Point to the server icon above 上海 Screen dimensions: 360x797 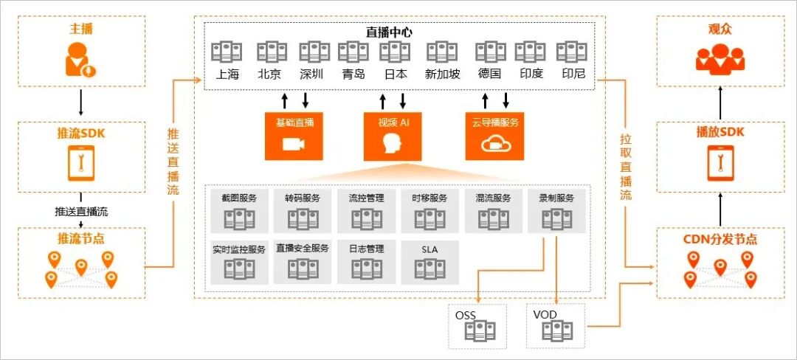tap(226, 52)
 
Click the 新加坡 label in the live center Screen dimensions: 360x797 tap(443, 74)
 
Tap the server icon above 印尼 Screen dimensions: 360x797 tap(572, 52)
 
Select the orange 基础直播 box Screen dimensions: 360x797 tap(294, 136)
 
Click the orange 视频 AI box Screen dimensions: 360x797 tap(393, 136)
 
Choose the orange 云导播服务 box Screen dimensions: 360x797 tap(494, 136)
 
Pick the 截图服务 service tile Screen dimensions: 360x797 tap(239, 211)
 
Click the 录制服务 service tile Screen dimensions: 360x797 tap(556, 211)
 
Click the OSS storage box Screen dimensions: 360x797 tap(477, 325)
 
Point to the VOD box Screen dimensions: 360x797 tap(555, 325)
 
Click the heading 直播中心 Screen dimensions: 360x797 tap(390, 32)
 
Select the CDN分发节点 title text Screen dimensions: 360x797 tap(720, 240)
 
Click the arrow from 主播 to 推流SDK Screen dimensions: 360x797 tap(80, 100)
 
